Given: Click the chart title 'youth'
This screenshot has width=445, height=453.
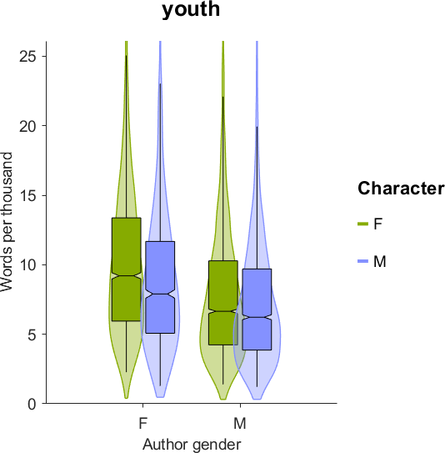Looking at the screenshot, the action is click(x=191, y=9).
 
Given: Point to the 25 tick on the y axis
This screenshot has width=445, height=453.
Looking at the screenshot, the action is click(x=28, y=56).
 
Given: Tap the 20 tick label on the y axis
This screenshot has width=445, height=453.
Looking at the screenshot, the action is click(x=28, y=126).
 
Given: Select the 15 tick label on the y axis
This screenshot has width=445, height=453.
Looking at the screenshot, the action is click(x=28, y=195).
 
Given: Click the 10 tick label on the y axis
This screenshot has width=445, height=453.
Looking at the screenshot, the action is click(x=28, y=265).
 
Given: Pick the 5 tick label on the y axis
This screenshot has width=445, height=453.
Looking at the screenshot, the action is click(x=32, y=335).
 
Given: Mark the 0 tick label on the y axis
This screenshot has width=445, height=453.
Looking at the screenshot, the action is click(x=32, y=404).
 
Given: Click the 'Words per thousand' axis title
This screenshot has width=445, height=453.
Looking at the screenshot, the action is click(x=7, y=222).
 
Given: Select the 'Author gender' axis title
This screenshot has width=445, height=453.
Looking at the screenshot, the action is click(x=192, y=445).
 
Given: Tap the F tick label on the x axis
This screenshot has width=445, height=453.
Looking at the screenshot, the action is click(x=142, y=424).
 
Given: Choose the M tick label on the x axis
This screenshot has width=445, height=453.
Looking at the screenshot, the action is click(x=240, y=424).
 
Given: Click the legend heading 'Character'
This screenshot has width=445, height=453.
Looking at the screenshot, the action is click(x=401, y=189).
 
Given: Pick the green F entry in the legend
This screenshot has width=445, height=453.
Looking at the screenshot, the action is click(x=370, y=224).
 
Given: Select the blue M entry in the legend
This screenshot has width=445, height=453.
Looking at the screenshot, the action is click(x=372, y=261).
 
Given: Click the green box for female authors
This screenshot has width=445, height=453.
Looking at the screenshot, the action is click(x=127, y=269).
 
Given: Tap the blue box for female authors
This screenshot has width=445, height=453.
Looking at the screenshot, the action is click(x=160, y=287).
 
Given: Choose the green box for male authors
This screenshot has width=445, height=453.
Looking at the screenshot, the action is click(x=223, y=303).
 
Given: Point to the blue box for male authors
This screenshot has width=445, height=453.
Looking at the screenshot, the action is click(x=257, y=310).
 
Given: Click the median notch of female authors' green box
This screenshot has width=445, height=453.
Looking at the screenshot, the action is click(x=127, y=276).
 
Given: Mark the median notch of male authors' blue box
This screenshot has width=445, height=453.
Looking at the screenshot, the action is click(x=257, y=317).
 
